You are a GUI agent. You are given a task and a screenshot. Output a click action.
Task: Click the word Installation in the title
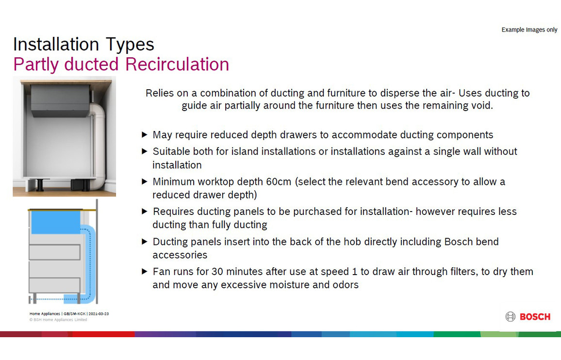pos(56,44)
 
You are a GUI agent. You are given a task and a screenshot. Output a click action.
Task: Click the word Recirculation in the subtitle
pos(177,65)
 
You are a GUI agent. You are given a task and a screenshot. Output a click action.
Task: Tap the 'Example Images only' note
pos(529,30)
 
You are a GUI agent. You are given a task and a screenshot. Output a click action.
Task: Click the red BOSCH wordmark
pos(535,317)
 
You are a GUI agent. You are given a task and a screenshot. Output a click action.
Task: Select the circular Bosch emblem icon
pos(510,317)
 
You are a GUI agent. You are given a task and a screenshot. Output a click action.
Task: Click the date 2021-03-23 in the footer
pos(99,314)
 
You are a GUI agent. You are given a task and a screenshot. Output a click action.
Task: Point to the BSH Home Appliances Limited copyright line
pos(58,320)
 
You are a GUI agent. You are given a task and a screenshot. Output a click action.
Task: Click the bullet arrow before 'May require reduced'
pos(145,134)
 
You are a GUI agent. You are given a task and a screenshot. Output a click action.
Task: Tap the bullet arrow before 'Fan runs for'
pos(145,271)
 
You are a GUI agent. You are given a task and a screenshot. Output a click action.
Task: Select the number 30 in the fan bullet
pos(217,272)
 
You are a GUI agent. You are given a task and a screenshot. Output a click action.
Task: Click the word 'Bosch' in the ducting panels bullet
pos(457,242)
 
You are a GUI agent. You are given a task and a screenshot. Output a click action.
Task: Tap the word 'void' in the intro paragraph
pos(482,106)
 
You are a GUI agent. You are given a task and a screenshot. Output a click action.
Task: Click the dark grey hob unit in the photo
pos(60,100)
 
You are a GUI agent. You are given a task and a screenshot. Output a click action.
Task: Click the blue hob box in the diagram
pos(55,222)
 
